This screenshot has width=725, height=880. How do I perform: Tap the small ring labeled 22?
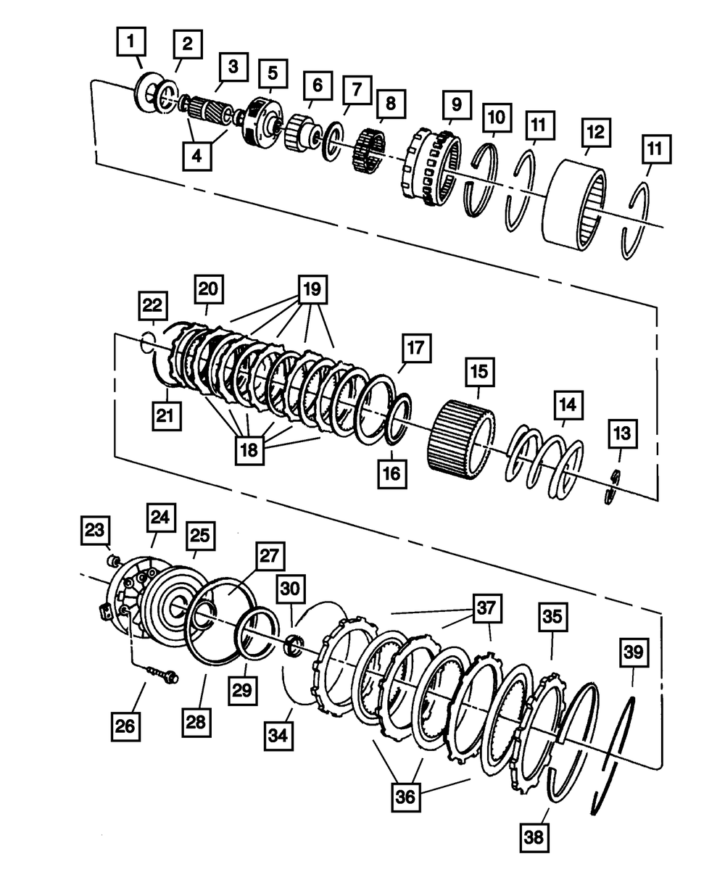[x=148, y=341]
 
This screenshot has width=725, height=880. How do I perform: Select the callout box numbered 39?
[x=634, y=653]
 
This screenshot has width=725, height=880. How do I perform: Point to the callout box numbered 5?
[x=272, y=72]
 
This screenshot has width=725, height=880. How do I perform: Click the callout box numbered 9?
[x=456, y=104]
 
